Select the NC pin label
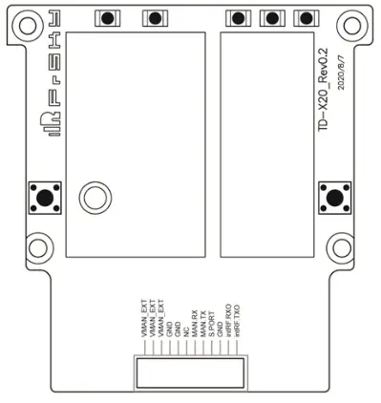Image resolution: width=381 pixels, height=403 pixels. (x=186, y=332)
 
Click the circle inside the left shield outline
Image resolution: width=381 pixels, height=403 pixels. (x=95, y=197)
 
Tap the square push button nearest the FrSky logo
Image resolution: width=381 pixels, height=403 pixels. (x=45, y=197)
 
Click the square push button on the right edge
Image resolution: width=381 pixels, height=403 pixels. (x=334, y=197)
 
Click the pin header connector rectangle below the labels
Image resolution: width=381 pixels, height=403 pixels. (x=190, y=372)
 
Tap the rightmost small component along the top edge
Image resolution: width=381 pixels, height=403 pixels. (x=306, y=18)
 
